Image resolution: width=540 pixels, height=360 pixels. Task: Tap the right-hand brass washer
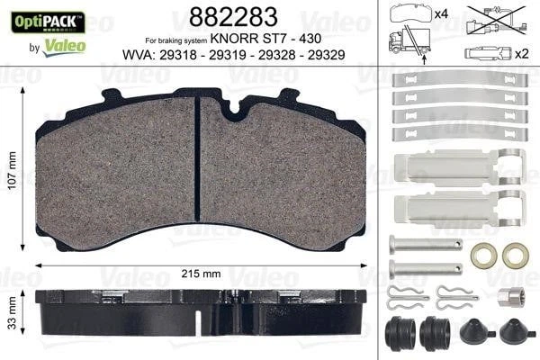click(515, 256)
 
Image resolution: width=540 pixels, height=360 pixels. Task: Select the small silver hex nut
click(501, 297)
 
